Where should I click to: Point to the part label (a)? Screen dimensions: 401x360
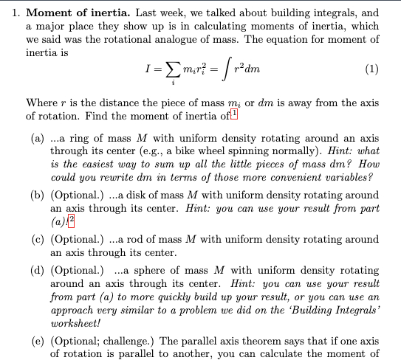(36, 138)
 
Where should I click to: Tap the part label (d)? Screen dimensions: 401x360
(36, 271)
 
